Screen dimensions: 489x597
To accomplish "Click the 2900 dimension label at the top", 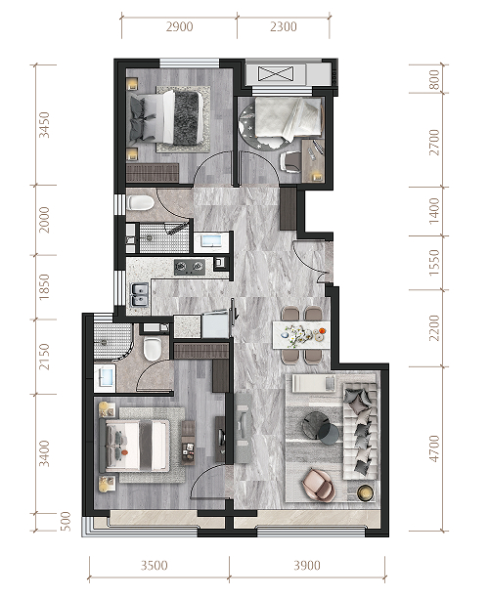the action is pyautogui.click(x=180, y=26).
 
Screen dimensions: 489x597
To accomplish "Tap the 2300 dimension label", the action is pyautogui.click(x=284, y=26).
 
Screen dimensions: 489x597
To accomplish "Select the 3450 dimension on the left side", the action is pyautogui.click(x=45, y=124).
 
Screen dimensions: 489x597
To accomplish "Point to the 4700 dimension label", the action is pyautogui.click(x=434, y=448).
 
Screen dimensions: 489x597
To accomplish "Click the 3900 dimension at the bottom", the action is pyautogui.click(x=307, y=566).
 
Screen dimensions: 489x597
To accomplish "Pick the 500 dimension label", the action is pyautogui.click(x=66, y=521).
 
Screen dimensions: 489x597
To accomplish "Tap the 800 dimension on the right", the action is pyautogui.click(x=434, y=79).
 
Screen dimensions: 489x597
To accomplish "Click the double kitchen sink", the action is pyautogui.click(x=140, y=295).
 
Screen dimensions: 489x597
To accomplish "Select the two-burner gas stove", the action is pyautogui.click(x=190, y=267).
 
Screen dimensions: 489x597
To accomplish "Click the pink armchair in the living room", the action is pyautogui.click(x=319, y=485).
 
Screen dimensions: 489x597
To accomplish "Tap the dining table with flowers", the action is pyautogui.click(x=301, y=335).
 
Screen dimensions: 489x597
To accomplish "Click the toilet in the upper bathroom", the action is pyautogui.click(x=141, y=203).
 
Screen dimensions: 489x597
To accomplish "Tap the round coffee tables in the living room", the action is pyautogui.click(x=320, y=428).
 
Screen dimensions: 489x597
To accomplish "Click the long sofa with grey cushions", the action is pyautogui.click(x=361, y=431).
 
